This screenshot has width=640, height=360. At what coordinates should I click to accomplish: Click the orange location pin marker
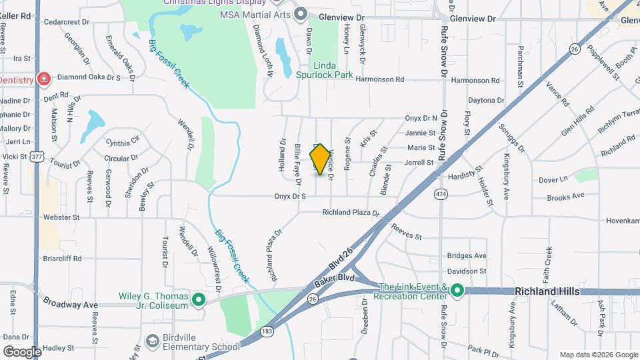point(321,159)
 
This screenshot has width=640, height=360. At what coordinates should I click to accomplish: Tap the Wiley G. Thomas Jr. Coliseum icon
point(198,300)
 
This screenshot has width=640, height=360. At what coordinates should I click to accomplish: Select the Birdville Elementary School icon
point(153,341)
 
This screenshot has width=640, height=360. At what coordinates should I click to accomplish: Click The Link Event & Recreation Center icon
point(457,291)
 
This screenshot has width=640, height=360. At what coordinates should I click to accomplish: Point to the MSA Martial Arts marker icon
point(301,13)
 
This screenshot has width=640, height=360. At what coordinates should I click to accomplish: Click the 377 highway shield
point(37,157)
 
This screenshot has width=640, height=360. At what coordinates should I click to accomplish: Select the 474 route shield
point(441,193)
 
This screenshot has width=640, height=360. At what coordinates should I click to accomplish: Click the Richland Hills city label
point(551,291)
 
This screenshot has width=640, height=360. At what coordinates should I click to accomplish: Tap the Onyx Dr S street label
point(290,196)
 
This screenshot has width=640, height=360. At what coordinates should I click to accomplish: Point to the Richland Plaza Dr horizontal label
point(351,213)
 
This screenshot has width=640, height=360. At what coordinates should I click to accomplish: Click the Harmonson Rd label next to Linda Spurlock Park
point(380,79)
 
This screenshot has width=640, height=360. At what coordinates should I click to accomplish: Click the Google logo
point(22,351)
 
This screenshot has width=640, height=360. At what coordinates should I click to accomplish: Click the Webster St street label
point(61,217)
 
